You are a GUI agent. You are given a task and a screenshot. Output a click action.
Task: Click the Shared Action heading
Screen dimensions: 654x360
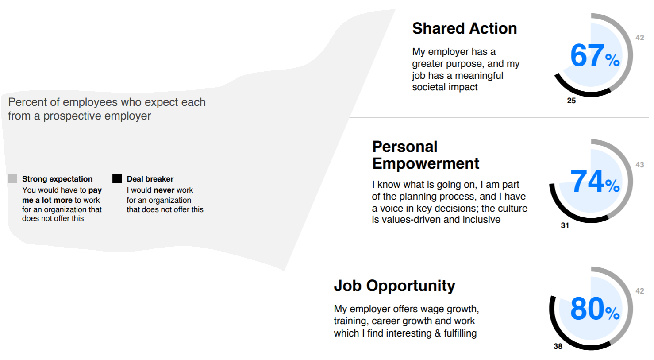465,29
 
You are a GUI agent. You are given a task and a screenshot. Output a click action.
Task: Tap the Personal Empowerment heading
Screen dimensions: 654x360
426,155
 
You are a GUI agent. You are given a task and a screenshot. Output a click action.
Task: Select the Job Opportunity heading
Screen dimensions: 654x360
394,286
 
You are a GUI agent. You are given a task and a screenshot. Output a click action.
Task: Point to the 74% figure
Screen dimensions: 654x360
595,181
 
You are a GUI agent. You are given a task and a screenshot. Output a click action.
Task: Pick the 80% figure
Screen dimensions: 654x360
595,309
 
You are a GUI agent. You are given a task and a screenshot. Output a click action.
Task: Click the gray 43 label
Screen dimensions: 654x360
640,165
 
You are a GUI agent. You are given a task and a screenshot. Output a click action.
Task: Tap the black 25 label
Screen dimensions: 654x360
571,101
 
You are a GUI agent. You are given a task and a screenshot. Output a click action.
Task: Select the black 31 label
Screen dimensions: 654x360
565,225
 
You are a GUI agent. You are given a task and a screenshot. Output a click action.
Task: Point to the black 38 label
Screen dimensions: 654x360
558,347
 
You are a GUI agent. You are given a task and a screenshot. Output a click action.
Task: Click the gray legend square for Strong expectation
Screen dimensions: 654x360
12,178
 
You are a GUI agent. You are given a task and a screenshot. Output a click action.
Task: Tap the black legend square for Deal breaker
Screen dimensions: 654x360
117,178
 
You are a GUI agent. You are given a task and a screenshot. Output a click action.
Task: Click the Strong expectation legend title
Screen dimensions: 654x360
57,179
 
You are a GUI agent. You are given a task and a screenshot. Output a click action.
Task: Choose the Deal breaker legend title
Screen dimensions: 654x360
150,179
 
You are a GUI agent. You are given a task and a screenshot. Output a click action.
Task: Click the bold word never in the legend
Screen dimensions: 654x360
164,190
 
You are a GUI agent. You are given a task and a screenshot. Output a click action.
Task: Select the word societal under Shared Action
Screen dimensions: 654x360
428,87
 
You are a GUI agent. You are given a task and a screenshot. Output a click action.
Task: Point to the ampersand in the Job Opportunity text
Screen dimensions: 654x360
437,333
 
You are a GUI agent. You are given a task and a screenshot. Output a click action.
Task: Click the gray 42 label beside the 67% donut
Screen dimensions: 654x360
640,38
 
